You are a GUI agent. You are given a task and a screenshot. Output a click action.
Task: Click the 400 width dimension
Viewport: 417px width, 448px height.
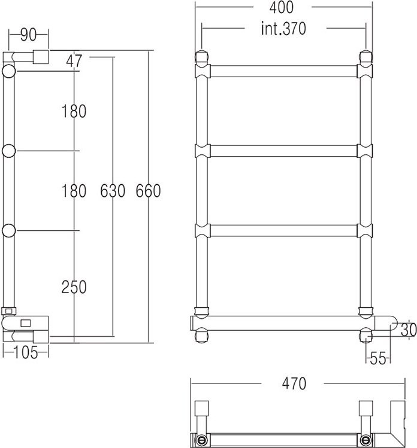click(x=282, y=8)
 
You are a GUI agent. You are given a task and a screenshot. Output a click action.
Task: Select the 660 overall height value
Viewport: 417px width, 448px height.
click(x=148, y=191)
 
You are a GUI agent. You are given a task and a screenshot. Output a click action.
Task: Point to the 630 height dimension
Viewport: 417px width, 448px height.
click(x=113, y=191)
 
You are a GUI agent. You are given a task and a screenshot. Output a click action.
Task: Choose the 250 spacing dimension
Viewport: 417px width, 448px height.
click(x=74, y=287)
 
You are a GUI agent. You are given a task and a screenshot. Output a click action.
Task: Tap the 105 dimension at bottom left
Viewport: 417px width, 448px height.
click(x=25, y=353)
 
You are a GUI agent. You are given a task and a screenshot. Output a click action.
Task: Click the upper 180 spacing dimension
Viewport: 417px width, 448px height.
click(x=74, y=111)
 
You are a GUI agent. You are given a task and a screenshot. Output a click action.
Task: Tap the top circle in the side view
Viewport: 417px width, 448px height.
click(x=10, y=73)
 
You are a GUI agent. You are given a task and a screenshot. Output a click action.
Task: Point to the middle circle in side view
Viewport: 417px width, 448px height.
click(x=10, y=151)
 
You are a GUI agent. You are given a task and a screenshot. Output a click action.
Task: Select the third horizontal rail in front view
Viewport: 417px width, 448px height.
click(x=283, y=231)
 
